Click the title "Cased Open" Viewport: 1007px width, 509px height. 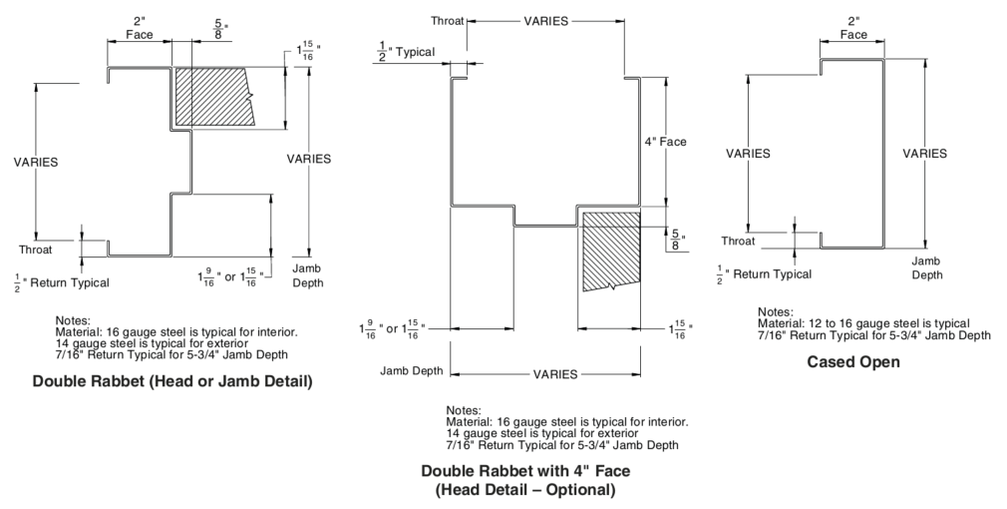852,362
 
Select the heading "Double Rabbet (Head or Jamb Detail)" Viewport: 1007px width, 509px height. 172,381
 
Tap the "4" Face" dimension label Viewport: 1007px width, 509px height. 665,142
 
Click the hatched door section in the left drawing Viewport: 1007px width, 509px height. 213,97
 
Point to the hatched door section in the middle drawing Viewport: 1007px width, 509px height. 611,251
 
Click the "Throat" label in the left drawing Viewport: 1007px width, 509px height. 35,250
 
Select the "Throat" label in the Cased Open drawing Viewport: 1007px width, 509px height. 738,241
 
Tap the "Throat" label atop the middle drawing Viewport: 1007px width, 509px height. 447,21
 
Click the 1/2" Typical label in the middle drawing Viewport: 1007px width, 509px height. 406,52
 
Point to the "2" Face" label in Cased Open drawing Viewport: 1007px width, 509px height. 853,28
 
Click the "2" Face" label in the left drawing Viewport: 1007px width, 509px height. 140,28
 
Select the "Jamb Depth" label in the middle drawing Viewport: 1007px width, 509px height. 411,371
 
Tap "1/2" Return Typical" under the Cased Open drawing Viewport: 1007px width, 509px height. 765,274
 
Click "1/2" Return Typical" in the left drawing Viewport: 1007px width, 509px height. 62,282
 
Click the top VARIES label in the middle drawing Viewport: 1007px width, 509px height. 546,21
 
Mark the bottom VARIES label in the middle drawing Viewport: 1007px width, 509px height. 555,374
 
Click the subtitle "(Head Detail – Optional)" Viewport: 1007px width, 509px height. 525,490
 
